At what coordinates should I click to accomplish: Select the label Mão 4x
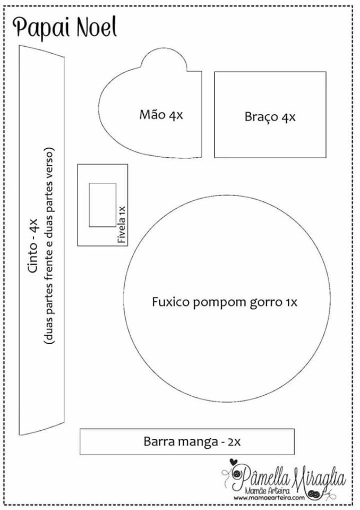(161, 115)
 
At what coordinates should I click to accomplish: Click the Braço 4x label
(270, 116)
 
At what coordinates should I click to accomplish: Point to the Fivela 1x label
(122, 224)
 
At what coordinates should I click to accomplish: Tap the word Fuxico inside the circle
(171, 302)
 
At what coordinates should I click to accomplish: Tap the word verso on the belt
(51, 161)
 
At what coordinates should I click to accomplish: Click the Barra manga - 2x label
(192, 441)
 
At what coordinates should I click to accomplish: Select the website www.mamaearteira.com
(269, 498)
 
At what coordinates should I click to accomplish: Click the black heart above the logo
(233, 462)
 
